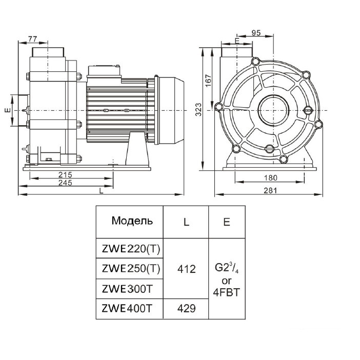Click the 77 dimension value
point(32,39)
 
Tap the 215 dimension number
point(65,175)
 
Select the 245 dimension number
point(65,183)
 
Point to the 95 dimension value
point(257,33)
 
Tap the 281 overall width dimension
point(270,190)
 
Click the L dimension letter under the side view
point(102,191)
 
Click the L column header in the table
point(186,222)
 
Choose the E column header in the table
point(226,222)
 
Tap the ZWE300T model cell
point(128,289)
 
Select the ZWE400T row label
point(128,309)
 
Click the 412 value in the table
point(186,269)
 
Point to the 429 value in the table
point(186,309)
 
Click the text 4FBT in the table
point(226,292)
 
